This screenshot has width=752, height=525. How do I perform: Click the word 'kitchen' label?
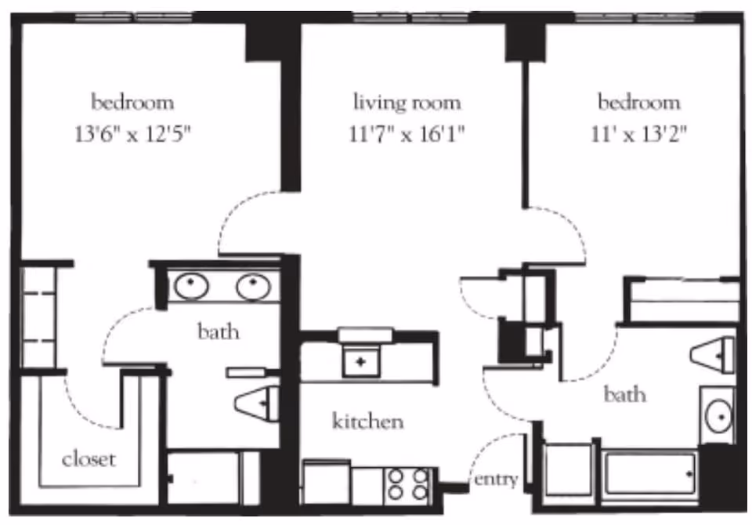(x=368, y=421)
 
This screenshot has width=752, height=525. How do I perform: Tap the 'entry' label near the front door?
(x=496, y=479)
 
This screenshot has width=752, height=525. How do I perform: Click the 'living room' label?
(x=407, y=102)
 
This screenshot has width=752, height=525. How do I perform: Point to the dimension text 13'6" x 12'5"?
(x=133, y=134)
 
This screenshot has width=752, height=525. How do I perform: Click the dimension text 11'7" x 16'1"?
(x=407, y=134)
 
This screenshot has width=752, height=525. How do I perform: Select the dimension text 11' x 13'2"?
(x=639, y=134)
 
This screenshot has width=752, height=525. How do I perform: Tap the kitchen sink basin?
(x=360, y=362)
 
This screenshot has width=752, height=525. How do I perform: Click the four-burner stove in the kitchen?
(x=408, y=485)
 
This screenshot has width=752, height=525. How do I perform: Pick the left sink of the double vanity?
(x=191, y=286)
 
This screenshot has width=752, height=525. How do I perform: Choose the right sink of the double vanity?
(x=254, y=286)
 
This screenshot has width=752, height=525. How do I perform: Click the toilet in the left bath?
(x=258, y=403)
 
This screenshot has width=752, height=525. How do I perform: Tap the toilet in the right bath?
(x=713, y=355)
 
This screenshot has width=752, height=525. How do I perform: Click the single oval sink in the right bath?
(x=719, y=416)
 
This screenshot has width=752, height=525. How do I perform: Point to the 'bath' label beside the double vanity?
(x=219, y=331)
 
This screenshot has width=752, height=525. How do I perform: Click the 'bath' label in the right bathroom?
(x=624, y=394)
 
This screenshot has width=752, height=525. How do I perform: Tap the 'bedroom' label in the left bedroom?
(x=133, y=102)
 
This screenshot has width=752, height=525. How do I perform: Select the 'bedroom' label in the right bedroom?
(x=639, y=102)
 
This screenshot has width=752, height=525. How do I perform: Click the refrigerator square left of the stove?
(x=327, y=482)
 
